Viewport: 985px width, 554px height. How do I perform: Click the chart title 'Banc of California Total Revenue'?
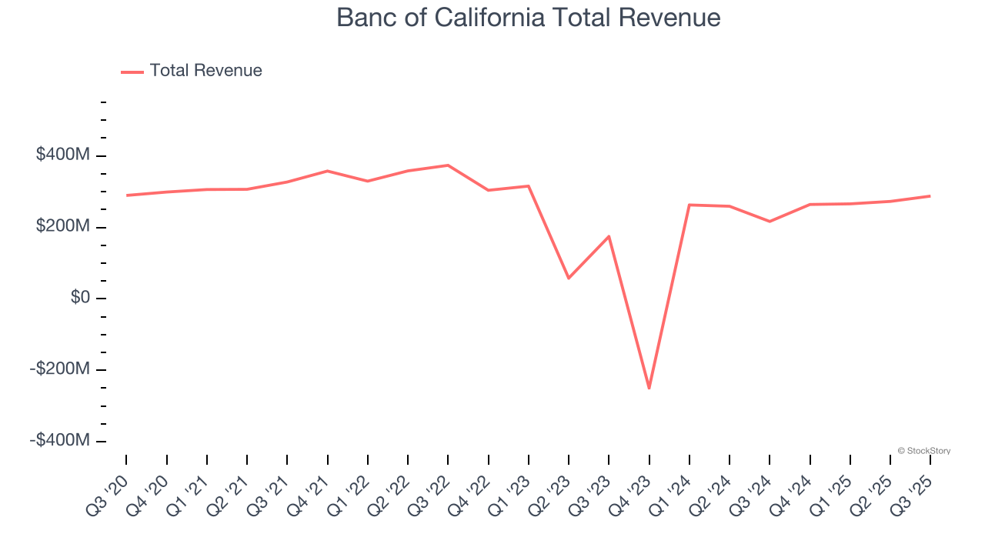pos(528,18)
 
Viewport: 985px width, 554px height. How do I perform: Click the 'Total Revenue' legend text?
pos(205,71)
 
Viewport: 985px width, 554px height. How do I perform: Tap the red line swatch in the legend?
pos(132,72)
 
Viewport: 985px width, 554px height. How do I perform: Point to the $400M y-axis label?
pos(63,155)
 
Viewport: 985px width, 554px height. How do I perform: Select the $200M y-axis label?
pos(63,227)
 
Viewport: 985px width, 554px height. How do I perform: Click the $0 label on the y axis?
pos(80,298)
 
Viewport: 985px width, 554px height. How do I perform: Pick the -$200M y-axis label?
pos(61,369)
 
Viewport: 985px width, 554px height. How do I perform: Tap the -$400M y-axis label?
pos(61,441)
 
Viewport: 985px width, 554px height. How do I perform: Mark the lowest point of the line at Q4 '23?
pos(649,388)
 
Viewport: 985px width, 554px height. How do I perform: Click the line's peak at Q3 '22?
pos(448,165)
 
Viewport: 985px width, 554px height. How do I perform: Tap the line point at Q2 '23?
pos(569,278)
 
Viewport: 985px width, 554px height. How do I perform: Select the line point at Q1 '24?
pos(689,205)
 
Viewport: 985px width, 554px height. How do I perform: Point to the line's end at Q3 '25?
pos(930,195)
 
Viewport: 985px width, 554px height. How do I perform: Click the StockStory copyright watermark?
pos(923,451)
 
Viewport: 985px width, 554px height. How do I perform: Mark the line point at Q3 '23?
pos(609,236)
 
